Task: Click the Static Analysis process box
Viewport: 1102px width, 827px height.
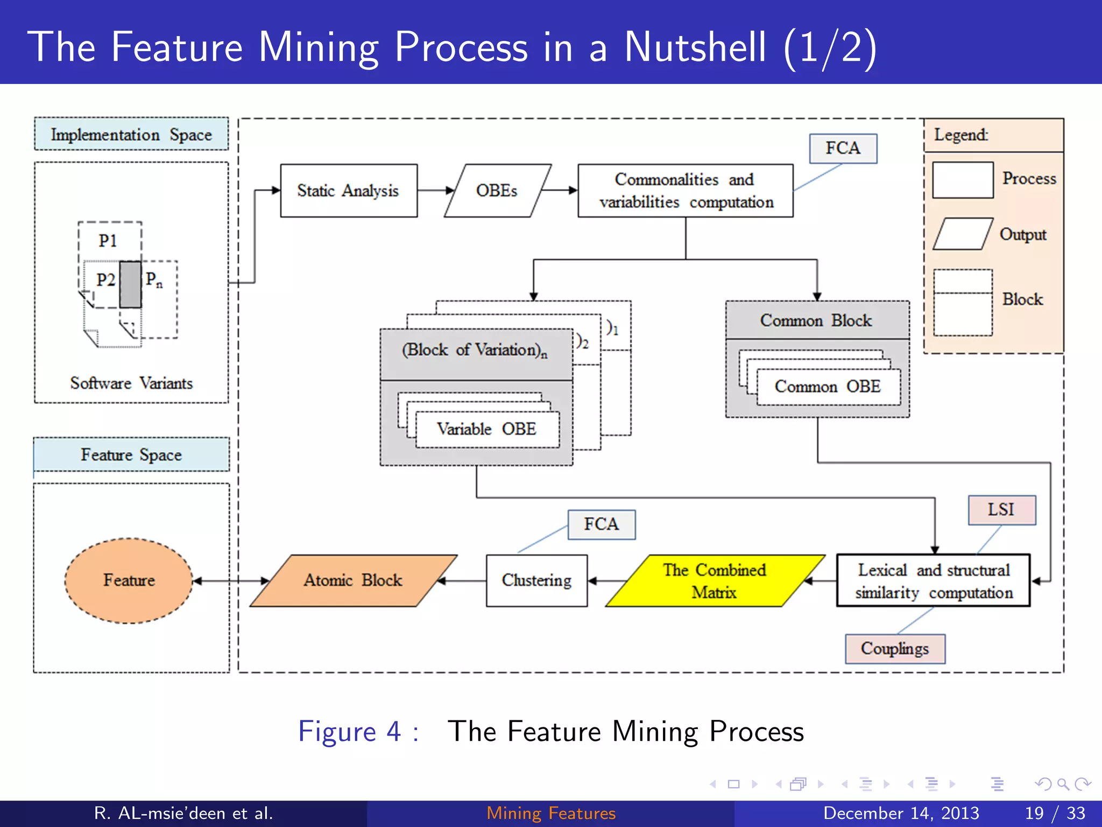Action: (348, 191)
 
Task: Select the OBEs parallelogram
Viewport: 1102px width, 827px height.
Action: (497, 191)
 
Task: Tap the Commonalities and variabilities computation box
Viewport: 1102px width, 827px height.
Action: (685, 191)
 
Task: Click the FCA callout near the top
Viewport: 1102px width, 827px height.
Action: (843, 148)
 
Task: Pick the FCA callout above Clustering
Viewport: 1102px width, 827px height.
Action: (601, 524)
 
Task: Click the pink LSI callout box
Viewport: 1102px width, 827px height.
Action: (1001, 509)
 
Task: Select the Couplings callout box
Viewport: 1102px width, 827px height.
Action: (894, 649)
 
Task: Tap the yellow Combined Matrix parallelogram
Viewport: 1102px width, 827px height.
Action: (714, 581)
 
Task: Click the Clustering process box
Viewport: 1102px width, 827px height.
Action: (536, 580)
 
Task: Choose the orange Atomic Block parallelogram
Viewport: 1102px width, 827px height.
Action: (353, 580)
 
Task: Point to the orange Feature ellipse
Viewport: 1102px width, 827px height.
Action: (129, 580)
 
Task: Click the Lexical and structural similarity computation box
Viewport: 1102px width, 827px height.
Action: (933, 581)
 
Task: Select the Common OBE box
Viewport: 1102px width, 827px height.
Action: (828, 387)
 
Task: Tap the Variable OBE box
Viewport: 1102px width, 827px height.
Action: (486, 429)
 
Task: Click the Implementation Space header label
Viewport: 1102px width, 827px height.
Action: (131, 134)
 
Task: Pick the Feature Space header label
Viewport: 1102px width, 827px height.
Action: (131, 454)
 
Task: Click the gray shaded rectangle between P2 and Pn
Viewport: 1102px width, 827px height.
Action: (130, 284)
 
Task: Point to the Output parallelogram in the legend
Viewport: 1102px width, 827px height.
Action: (962, 234)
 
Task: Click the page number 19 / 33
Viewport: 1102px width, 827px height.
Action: (1055, 813)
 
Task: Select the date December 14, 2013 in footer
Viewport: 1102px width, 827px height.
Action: (901, 813)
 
